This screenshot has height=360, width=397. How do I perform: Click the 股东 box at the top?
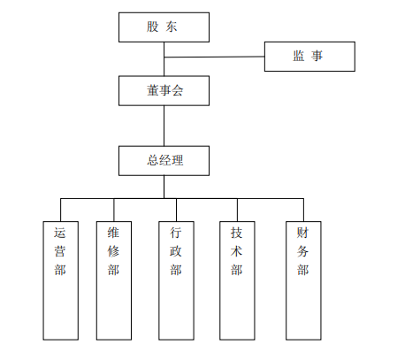(164, 27)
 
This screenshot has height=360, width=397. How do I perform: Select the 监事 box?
(309, 57)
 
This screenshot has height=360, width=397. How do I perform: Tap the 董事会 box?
(164, 90)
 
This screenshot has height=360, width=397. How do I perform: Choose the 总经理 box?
(164, 161)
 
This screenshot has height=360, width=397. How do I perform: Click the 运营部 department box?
(61, 280)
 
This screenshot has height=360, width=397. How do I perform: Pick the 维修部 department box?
(114, 280)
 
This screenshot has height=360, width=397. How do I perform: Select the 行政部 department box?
(176, 280)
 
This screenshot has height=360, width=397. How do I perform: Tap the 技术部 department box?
(237, 280)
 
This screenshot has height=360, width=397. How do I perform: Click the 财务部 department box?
(303, 280)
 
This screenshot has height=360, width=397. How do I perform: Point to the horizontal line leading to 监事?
(214, 57)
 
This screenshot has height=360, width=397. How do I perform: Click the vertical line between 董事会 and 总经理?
(164, 126)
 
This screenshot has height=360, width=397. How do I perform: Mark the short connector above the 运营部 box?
(61, 210)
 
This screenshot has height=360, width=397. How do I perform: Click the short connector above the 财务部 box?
(303, 210)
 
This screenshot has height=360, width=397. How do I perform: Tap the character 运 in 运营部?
(60, 233)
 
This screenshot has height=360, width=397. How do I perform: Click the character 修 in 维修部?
(113, 251)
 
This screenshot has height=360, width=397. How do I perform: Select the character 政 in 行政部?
(176, 251)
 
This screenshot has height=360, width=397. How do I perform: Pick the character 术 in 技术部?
(237, 251)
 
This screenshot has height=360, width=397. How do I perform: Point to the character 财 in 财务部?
(302, 233)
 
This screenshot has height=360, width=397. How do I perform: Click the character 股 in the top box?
(153, 27)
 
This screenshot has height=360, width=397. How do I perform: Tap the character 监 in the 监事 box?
(299, 56)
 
